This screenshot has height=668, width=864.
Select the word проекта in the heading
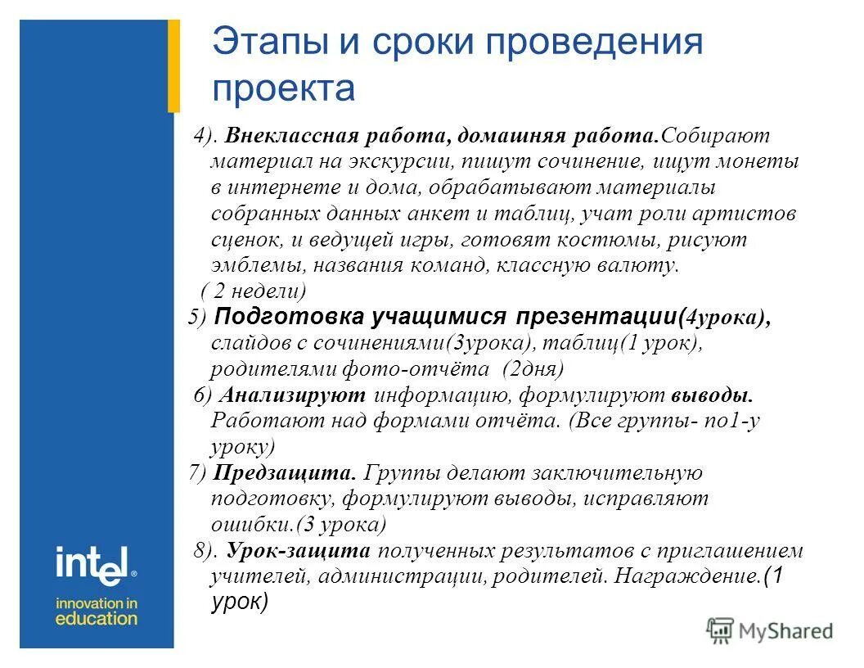(283, 88)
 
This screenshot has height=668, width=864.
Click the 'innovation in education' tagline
(96, 611)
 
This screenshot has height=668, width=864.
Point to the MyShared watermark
(770, 630)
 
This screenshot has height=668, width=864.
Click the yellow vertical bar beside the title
(173, 65)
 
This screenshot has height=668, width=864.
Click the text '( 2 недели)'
(254, 291)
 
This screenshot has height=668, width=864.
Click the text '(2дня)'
(533, 369)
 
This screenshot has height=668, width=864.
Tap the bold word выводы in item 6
(712, 396)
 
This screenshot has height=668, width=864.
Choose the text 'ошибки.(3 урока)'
(298, 525)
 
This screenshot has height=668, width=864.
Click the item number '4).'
(204, 135)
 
